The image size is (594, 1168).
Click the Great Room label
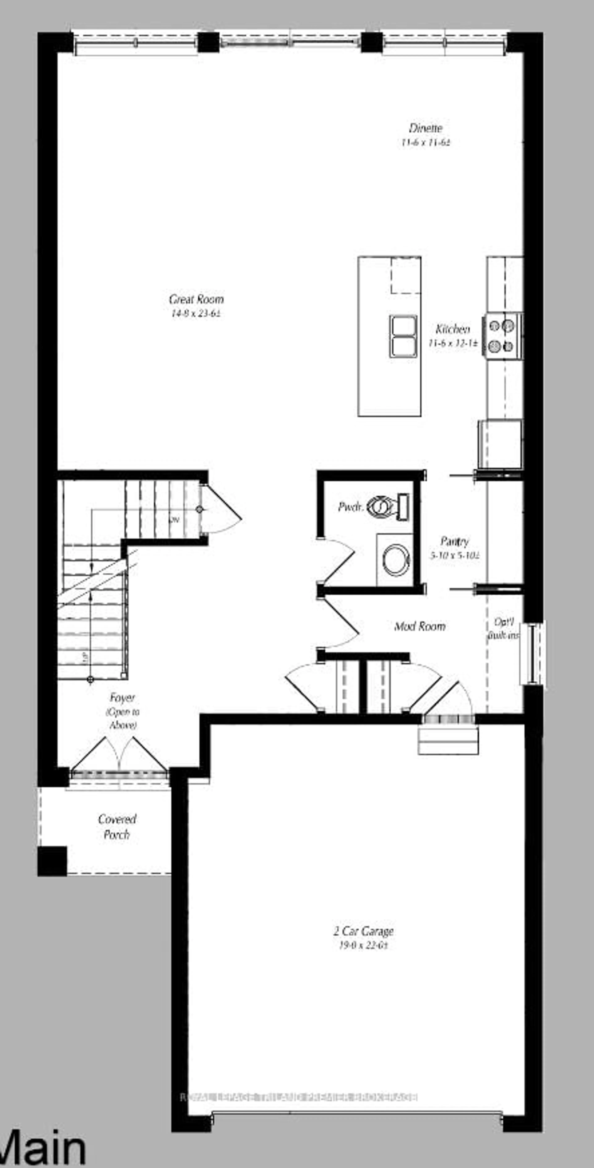[196, 299]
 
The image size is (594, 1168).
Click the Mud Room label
[420, 626]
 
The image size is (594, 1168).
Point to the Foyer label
[122, 697]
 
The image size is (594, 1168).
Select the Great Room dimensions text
[196, 313]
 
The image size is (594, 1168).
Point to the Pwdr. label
[351, 507]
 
